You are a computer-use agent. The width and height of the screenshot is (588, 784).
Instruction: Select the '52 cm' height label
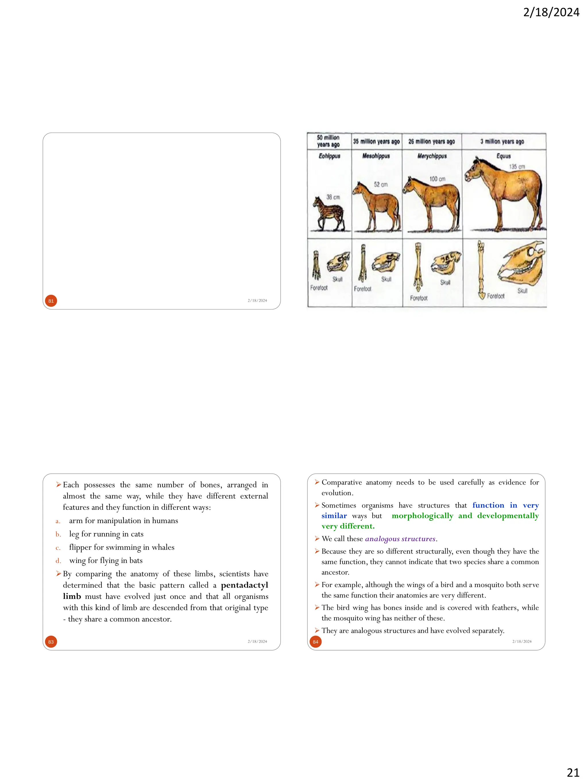click(x=381, y=185)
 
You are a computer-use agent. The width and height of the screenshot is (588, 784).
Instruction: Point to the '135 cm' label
click(x=517, y=167)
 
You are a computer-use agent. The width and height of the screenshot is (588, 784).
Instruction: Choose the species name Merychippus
click(x=432, y=156)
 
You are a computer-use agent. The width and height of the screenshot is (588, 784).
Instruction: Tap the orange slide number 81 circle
click(x=51, y=301)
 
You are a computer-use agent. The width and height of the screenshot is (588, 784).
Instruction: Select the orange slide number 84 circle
click(x=316, y=642)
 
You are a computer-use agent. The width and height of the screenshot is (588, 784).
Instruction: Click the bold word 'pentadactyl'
click(x=244, y=585)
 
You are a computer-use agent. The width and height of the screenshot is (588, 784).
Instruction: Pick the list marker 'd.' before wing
click(x=58, y=561)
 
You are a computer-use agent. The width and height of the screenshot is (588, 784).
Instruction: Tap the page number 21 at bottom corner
click(x=573, y=772)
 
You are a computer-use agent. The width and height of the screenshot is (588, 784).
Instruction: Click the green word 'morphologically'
click(x=422, y=516)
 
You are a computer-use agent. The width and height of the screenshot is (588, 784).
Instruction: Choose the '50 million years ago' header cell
click(x=328, y=141)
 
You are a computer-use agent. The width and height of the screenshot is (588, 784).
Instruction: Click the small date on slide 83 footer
click(x=257, y=642)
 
